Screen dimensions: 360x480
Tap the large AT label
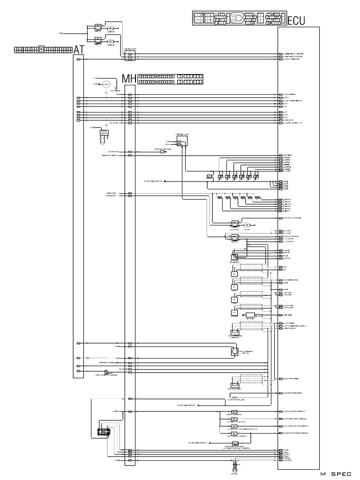pos(79,48)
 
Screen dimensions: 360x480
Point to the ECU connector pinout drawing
pos(239,18)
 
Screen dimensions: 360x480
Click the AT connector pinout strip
pos(44,48)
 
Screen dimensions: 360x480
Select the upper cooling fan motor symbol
pos(111,29)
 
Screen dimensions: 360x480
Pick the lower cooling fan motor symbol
pos(111,41)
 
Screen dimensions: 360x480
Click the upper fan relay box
pos(98,27)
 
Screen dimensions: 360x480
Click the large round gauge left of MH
pos(106,84)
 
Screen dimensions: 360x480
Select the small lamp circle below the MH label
pos(116,88)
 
